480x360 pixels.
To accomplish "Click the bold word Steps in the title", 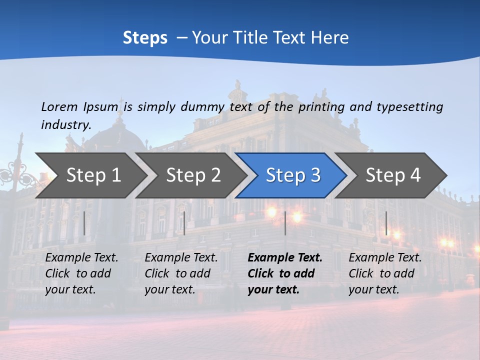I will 145,37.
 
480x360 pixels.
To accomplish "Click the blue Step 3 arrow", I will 293,175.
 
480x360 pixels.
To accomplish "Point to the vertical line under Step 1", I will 84,223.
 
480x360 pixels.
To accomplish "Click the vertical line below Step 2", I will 184,223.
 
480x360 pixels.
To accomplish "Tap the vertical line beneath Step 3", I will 285,223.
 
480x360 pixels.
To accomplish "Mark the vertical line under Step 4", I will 386,223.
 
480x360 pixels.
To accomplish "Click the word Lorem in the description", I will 59,106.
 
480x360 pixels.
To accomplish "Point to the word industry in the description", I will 66,124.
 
